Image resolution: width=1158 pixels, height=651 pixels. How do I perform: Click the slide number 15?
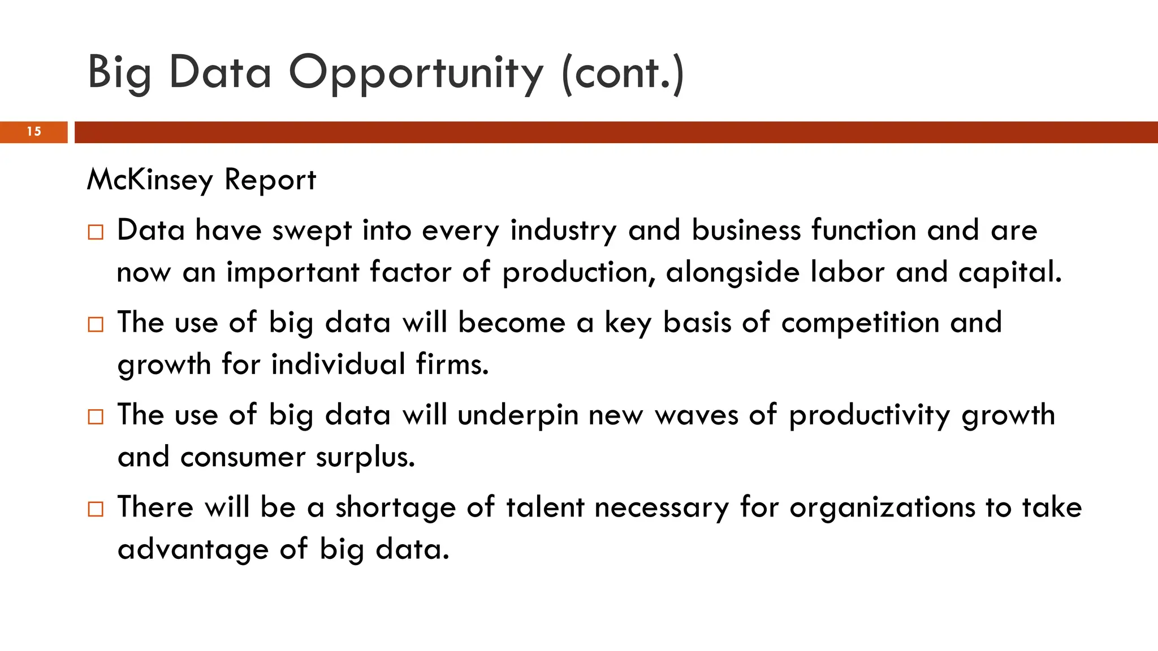[34, 132]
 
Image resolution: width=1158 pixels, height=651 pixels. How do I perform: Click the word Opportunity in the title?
[416, 74]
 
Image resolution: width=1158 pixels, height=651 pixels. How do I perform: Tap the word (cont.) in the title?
[623, 74]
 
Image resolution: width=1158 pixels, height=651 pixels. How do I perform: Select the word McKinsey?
[150, 180]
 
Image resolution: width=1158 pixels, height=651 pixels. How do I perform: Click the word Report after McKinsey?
[270, 180]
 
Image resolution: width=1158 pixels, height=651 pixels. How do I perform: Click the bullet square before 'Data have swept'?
[96, 232]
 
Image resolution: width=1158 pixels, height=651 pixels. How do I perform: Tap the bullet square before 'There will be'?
[96, 509]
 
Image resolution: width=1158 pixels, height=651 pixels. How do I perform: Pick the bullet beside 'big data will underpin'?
[96, 416]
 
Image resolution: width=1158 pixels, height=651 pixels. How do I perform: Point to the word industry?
[563, 231]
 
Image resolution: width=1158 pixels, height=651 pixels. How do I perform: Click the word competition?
[860, 323]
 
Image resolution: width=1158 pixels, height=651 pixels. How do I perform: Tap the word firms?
[452, 364]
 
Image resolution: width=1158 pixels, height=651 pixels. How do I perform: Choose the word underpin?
[518, 416]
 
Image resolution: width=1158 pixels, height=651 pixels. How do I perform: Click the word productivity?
[870, 416]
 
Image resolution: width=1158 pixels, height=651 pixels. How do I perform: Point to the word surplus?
[365, 457]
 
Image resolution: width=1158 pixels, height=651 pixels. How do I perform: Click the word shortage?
[395, 507]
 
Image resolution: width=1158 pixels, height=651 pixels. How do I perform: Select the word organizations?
[882, 507]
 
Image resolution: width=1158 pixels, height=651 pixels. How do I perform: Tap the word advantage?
[193, 550]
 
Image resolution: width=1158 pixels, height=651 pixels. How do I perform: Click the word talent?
[545, 507]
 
